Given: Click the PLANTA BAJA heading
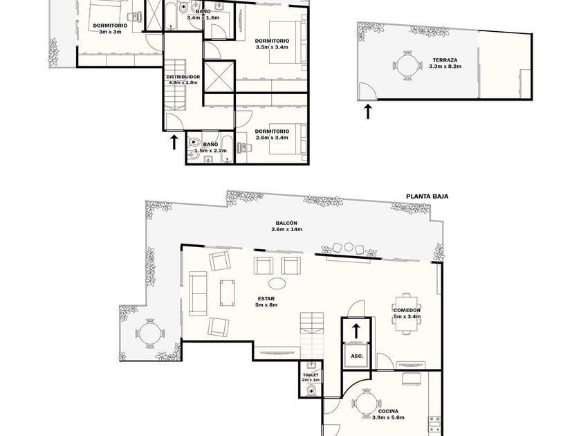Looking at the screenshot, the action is tap(427, 196).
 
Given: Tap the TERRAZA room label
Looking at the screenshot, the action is tap(445, 60).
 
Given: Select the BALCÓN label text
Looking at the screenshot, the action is tap(286, 223).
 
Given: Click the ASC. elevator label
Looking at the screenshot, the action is tap(357, 356).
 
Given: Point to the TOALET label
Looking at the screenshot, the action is tap(311, 375).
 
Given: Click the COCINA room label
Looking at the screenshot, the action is tap(388, 411).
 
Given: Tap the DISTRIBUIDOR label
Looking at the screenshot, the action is tap(183, 77).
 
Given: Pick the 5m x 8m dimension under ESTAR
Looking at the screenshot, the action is tap(267, 305).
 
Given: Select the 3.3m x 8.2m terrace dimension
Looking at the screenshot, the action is tap(445, 66).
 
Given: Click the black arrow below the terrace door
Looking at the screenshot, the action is tap(367, 111).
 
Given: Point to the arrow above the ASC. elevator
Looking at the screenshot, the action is tap(356, 331).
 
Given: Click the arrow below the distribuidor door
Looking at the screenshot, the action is tap(174, 143).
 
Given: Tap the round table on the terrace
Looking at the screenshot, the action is tap(407, 66).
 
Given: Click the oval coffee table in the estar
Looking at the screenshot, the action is tap(277, 284).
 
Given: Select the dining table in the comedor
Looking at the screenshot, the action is tap(407, 314).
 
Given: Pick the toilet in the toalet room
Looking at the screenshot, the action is tap(311, 390).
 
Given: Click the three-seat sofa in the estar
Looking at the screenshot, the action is tap(198, 293).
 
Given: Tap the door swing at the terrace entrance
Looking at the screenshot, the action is tap(367, 91).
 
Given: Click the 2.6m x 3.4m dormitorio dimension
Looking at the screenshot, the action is tap(272, 138).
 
